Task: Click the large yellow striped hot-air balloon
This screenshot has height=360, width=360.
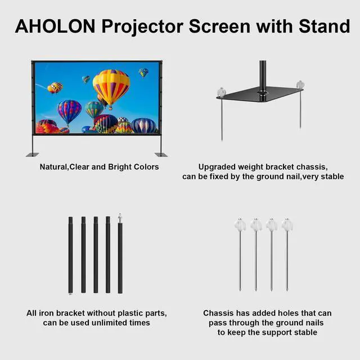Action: tap(111, 85)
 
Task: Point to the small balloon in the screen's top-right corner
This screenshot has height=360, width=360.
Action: tap(143, 72)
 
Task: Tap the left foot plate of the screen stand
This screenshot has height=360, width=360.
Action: tap(33, 155)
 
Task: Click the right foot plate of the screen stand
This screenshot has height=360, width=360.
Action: tap(161, 154)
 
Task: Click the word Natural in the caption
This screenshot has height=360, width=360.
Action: tap(53, 167)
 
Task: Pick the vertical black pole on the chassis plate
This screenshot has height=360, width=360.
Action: tap(262, 73)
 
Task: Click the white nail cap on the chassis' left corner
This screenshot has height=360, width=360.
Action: tap(221, 91)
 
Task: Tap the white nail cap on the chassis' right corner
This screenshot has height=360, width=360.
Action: tap(300, 84)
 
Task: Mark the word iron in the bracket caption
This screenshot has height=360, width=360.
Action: tap(47, 313)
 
